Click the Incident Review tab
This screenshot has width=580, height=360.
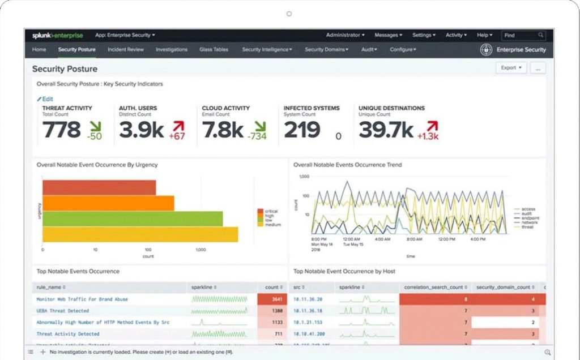(x=125, y=50)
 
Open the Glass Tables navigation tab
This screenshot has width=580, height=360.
(x=214, y=50)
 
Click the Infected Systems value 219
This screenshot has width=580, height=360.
(x=302, y=130)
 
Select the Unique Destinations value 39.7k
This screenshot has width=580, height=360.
(x=386, y=130)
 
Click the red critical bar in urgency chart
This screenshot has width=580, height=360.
(x=99, y=187)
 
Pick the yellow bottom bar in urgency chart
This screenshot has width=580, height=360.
(x=140, y=234)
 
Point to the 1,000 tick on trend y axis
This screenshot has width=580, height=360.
(x=304, y=177)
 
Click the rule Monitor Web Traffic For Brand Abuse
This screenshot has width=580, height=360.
(x=82, y=299)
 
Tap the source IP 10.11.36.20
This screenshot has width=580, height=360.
(x=308, y=299)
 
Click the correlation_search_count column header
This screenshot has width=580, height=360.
(x=434, y=288)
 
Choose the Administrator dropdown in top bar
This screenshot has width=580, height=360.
(x=345, y=35)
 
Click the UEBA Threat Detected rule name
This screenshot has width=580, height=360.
(x=62, y=311)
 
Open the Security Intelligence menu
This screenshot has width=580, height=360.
(x=267, y=50)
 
